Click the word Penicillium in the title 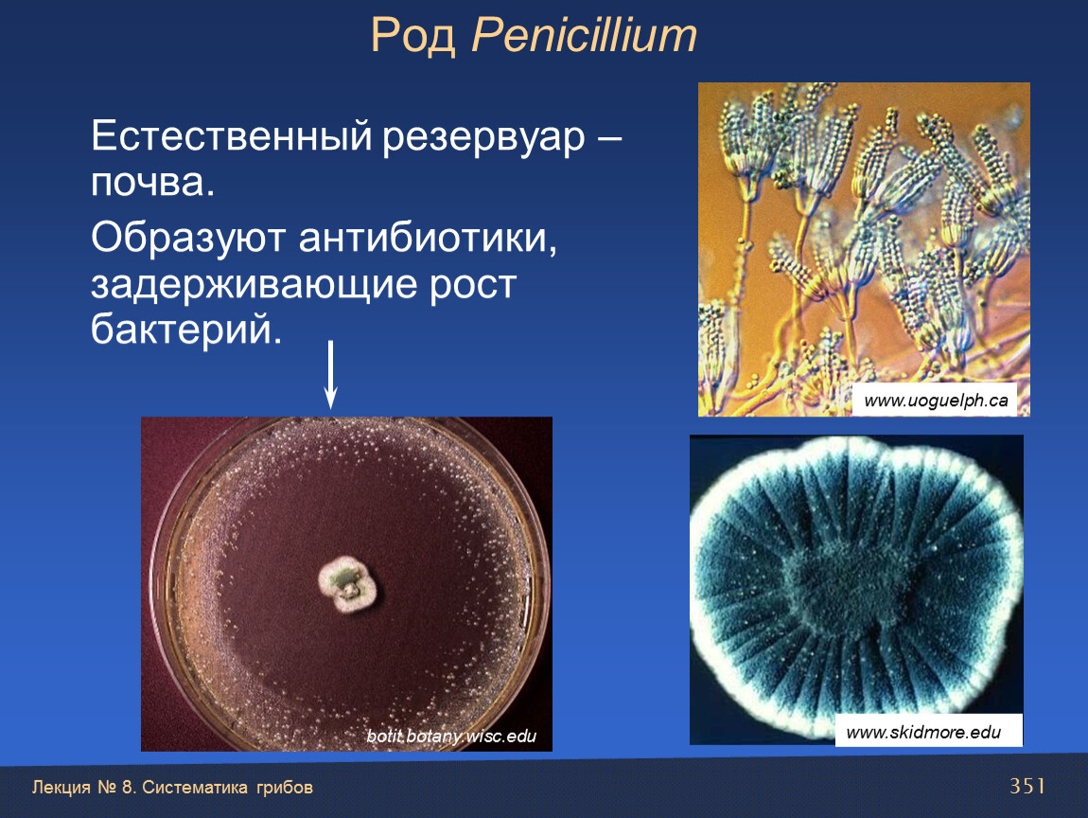585,35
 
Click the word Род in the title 412,36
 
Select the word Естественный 232,135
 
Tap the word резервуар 483,138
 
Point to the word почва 152,182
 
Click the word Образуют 188,239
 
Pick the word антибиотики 428,238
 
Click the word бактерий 186,329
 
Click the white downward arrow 331,374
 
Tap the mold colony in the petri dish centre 347,584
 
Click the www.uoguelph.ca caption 936,400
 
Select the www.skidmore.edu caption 923,732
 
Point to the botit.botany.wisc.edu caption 451,736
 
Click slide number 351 1027,786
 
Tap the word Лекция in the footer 61,788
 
